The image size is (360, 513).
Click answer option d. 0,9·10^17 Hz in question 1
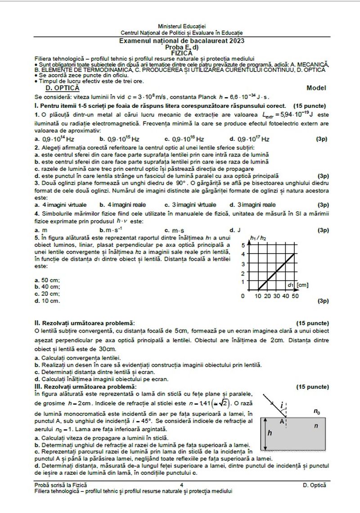(250, 139)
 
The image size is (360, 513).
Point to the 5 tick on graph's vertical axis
(243, 245)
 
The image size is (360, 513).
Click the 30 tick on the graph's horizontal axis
(276, 296)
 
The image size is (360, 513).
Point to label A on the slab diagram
(282, 422)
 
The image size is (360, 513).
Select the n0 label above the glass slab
(317, 411)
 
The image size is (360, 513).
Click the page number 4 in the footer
(181, 486)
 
